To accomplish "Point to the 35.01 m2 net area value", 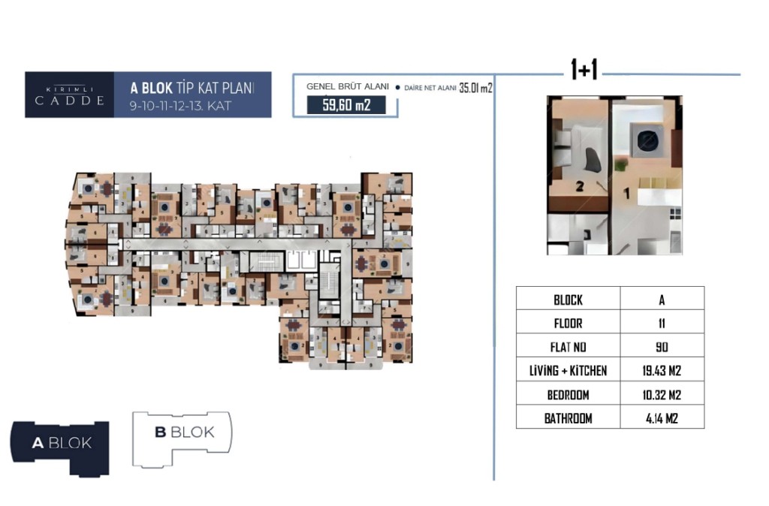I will pos(475,88).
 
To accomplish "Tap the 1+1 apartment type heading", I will pos(584,71).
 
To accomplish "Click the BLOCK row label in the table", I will pos(568,300).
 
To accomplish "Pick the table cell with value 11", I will pos(662,324).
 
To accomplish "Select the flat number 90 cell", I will pos(662,348).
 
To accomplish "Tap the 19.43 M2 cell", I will pos(662,371).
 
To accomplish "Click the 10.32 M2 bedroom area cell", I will pos(662,395).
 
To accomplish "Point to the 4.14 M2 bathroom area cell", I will pos(662,418).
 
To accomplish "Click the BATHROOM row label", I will pos(568,418).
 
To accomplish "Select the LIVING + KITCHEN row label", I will pos(568,371).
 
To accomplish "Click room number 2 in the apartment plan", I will pos(579,189).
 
